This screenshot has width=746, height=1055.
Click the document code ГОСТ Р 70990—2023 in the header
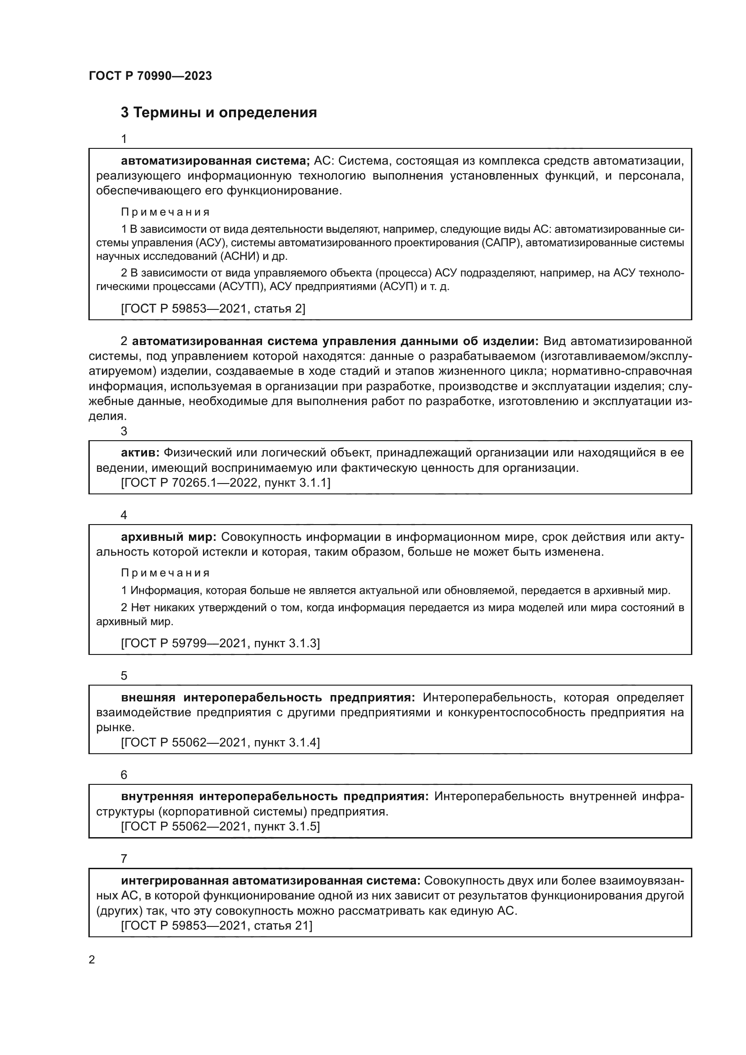150,76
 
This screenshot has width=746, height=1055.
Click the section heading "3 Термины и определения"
219,113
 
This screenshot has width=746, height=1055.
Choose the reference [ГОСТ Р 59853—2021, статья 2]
213,309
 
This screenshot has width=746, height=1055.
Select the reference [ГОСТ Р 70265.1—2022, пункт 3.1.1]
226,483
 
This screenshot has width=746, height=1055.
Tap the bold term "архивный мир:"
169,537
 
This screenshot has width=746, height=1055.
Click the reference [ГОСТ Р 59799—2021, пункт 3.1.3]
221,643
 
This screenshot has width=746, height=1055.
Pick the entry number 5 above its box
124,676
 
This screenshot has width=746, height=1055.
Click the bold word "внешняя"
148,697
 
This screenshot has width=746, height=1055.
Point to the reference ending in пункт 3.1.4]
221,742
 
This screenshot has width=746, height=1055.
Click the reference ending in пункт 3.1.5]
221,827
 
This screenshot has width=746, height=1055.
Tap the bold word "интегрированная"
175,881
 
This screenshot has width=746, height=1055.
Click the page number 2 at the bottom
92,960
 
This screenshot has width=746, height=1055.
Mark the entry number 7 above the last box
124,859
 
